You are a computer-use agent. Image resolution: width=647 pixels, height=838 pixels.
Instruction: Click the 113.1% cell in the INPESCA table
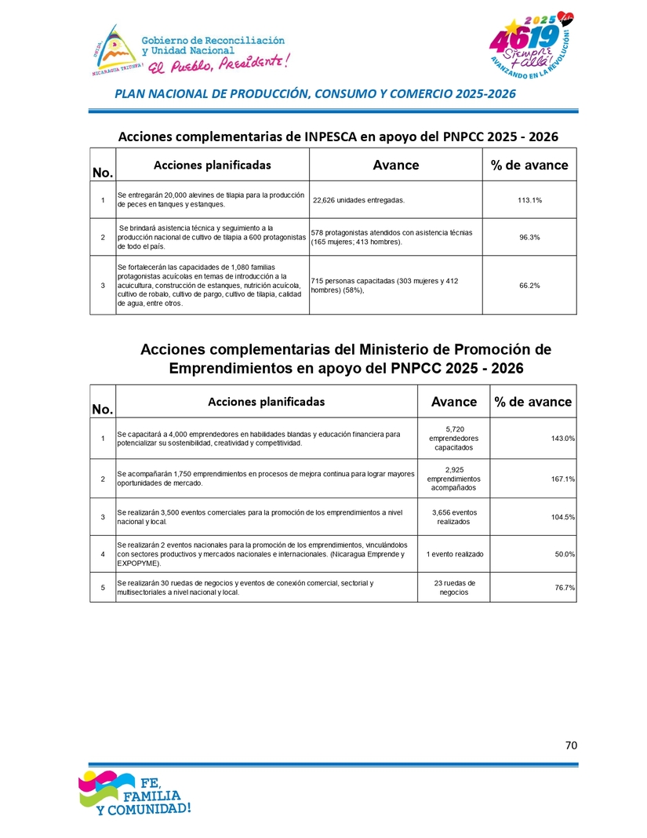[x=529, y=200]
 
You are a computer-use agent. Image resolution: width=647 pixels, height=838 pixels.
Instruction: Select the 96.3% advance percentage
[x=529, y=237]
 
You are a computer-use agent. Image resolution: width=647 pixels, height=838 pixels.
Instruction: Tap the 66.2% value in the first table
[x=529, y=286]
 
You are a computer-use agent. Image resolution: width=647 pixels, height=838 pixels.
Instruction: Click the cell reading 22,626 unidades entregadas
[x=358, y=200]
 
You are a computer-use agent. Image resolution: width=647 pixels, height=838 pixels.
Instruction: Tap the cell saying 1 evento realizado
[x=454, y=555]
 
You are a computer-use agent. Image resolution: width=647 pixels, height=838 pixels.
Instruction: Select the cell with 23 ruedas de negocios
[x=454, y=588]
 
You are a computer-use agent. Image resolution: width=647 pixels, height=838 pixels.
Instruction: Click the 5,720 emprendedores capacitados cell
[x=454, y=439]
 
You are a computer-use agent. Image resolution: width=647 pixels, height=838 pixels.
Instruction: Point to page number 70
[x=571, y=745]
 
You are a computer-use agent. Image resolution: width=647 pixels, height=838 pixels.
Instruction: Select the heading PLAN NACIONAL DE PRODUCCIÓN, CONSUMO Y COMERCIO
[x=315, y=94]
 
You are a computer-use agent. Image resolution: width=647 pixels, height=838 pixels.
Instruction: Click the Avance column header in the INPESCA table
[x=395, y=165]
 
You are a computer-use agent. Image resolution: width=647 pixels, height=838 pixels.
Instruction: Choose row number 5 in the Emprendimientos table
[x=103, y=588]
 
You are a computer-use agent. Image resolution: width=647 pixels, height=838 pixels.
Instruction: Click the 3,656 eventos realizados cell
[x=454, y=516]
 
